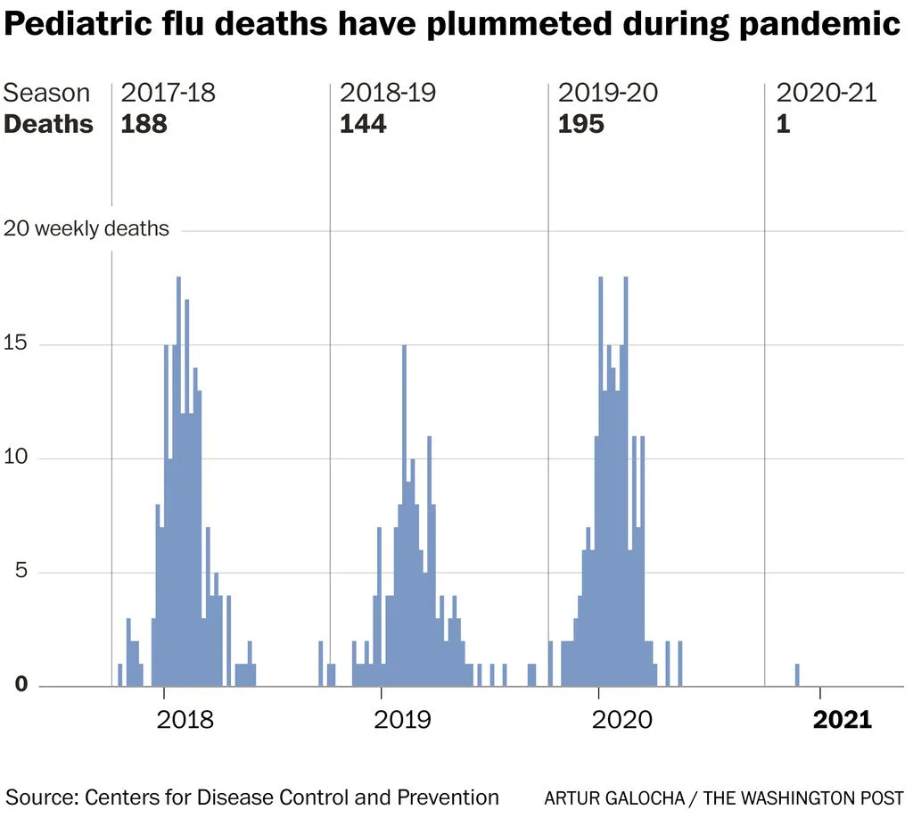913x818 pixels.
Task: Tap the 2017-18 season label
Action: [x=168, y=93]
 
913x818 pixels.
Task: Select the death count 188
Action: [x=144, y=124]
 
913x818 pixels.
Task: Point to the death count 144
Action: [x=363, y=124]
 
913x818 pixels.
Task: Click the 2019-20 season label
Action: [x=607, y=93]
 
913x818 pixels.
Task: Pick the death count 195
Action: [x=581, y=124]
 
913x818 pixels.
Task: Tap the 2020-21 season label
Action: [x=827, y=93]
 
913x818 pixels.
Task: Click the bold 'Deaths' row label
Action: [x=48, y=124]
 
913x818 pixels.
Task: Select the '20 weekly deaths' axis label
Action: [x=86, y=228]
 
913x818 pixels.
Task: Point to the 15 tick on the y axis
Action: [x=16, y=343]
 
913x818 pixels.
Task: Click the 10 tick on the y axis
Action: [x=16, y=457]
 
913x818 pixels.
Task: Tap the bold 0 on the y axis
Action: [x=21, y=683]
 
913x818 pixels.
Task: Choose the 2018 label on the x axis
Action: [x=185, y=720]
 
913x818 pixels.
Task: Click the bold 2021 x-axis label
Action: [x=842, y=720]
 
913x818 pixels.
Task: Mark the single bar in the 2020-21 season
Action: [x=797, y=675]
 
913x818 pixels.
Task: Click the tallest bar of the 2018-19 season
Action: [x=405, y=516]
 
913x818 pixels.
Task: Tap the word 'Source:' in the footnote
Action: [x=42, y=797]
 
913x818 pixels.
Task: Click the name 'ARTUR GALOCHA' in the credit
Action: [x=614, y=797]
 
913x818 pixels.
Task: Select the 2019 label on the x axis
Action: [x=402, y=720]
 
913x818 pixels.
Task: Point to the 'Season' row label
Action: [x=46, y=93]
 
